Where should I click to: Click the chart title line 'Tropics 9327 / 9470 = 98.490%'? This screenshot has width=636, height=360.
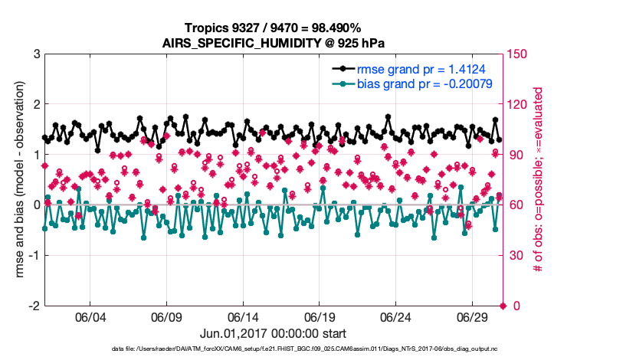(274, 28)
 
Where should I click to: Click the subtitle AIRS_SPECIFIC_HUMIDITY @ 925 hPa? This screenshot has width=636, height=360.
(274, 43)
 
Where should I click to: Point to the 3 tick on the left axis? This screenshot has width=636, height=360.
(36, 54)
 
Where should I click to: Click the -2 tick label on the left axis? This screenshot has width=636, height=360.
(34, 306)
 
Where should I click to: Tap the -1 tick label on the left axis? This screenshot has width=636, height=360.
(34, 255)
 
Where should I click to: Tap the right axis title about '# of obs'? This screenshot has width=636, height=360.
(539, 179)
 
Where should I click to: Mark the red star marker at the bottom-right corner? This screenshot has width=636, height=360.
(503, 306)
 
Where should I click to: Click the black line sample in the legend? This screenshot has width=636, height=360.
(343, 67)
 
